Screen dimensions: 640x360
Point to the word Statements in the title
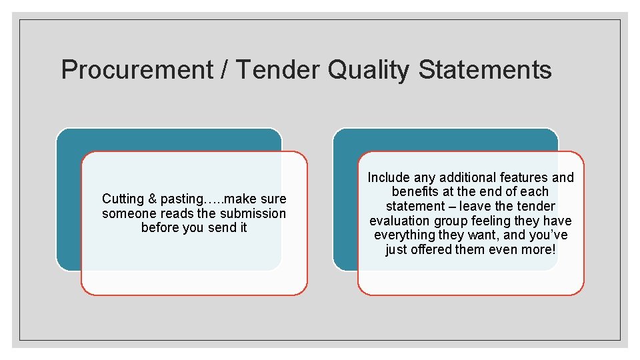click(485, 70)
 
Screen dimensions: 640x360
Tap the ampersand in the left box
click(153, 199)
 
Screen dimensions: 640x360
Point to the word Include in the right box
click(389, 177)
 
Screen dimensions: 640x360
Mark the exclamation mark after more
click(553, 250)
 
